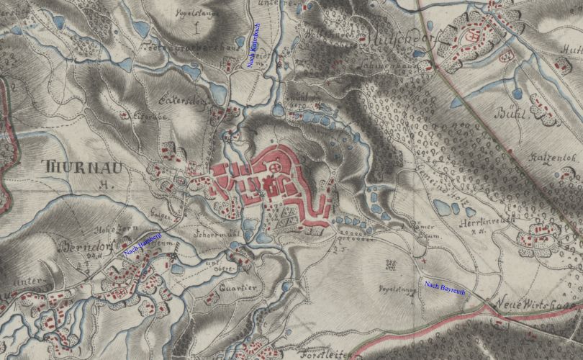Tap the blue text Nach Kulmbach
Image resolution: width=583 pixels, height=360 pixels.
pyautogui.click(x=253, y=45)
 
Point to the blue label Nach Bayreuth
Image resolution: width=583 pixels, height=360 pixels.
pyautogui.click(x=444, y=287)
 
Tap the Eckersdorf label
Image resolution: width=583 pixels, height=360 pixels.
pyautogui.click(x=186, y=101)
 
